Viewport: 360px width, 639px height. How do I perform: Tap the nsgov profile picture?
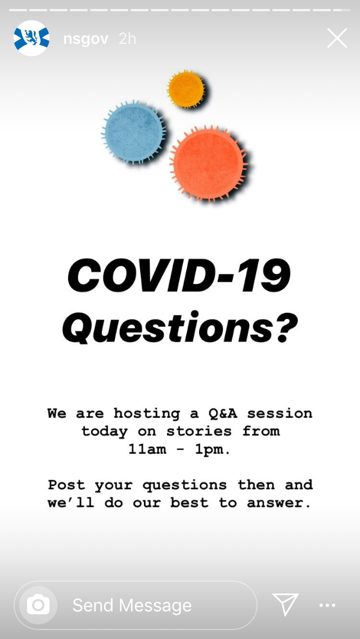(x=31, y=38)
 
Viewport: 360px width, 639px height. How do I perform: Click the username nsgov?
(x=85, y=39)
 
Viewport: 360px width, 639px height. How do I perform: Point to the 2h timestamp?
(x=128, y=39)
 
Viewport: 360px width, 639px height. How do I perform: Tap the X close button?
(x=337, y=38)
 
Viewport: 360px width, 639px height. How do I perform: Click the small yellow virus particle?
(x=186, y=89)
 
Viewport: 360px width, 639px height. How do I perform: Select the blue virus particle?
(x=133, y=133)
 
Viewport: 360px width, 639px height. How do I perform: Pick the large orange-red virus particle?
(x=208, y=164)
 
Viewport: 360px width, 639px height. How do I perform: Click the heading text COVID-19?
(x=179, y=276)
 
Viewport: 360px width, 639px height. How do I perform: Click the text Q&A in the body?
(x=222, y=413)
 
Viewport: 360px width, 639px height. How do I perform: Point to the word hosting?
(x=147, y=413)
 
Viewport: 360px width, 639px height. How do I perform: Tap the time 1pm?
(x=212, y=449)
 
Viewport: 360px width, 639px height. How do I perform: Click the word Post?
(x=66, y=485)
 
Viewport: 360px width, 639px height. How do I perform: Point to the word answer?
(x=279, y=503)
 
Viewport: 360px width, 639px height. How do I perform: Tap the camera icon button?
(x=38, y=605)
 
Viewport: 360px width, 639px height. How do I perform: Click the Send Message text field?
(x=152, y=605)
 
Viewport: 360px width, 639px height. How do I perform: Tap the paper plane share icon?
(x=285, y=605)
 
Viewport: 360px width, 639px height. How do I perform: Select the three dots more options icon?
(x=327, y=605)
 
